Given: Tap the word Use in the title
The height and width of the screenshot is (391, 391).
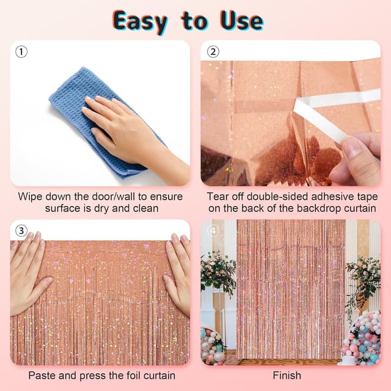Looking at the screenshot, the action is (x=241, y=21).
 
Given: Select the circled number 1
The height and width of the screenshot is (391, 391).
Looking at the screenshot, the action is (x=21, y=52).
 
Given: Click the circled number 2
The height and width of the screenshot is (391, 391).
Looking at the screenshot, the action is (x=213, y=52).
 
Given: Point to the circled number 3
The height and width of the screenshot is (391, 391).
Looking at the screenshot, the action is (x=21, y=230).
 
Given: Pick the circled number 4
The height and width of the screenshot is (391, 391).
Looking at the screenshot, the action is (x=213, y=231).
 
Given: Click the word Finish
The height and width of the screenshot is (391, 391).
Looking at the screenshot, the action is (x=287, y=375).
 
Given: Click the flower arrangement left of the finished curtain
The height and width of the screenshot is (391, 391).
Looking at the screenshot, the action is (x=217, y=271).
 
